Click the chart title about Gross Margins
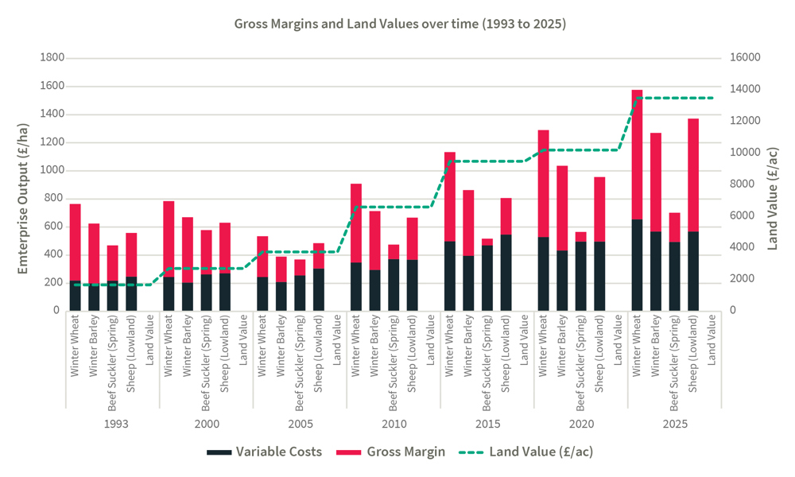(399, 24)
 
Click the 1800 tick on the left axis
(53, 58)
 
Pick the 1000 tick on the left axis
(53, 171)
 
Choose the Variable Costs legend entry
(265, 452)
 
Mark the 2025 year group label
(675, 424)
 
